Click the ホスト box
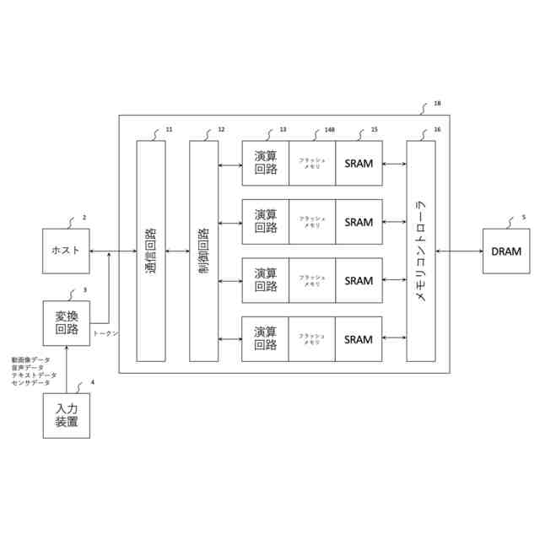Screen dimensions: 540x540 tap(66, 251)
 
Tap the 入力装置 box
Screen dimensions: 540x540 tap(66, 416)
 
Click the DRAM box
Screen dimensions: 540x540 tap(506, 251)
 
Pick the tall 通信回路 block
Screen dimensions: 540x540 tap(151, 251)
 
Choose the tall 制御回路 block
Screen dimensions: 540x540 tap(203, 251)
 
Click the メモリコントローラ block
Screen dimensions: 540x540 tap(421, 251)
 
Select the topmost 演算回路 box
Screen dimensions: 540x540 tap(266, 162)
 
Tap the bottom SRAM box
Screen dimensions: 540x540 tap(359, 339)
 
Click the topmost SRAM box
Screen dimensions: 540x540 tap(359, 162)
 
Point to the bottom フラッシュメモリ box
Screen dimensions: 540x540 tap(311, 339)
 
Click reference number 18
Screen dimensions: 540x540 tap(436, 104)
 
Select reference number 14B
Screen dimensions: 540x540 tap(329, 130)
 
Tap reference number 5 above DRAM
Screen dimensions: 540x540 tap(523, 217)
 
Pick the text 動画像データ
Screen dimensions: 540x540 tap(30, 359)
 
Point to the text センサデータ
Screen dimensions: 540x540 tap(30, 382)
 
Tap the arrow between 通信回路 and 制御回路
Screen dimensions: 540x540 tap(177, 251)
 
